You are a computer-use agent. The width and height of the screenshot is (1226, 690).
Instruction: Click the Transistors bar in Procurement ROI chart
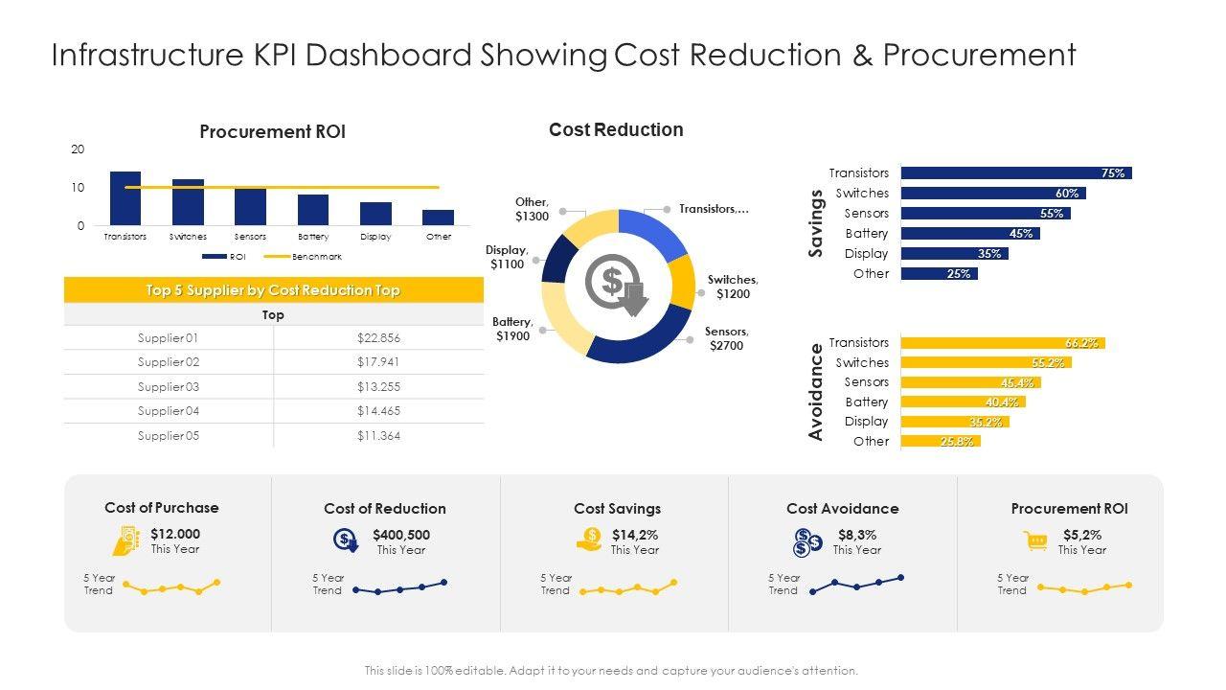tap(125, 198)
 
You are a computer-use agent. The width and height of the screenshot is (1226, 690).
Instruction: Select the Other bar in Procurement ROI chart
tap(439, 218)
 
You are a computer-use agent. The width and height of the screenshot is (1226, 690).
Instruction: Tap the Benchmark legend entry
tap(304, 257)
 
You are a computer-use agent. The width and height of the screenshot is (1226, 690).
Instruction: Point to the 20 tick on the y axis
tap(78, 149)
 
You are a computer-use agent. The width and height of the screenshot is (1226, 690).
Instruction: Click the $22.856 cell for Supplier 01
tap(378, 338)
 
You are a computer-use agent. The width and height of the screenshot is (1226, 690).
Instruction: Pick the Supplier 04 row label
tap(168, 411)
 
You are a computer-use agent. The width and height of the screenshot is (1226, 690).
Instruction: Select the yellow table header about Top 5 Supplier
tap(274, 290)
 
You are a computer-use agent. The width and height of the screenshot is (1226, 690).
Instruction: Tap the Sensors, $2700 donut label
tap(726, 338)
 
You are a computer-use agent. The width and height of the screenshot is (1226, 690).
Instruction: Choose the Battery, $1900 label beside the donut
tap(512, 329)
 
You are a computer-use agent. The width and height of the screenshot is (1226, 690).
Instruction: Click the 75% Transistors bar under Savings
tap(1016, 173)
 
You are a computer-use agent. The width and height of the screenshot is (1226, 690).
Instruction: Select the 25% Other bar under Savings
tap(939, 274)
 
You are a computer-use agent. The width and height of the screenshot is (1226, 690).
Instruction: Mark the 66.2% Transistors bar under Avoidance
tap(1003, 343)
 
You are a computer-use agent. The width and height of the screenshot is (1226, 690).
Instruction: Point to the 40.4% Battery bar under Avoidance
tap(963, 402)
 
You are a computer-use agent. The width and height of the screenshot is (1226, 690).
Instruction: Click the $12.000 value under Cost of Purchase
tap(175, 534)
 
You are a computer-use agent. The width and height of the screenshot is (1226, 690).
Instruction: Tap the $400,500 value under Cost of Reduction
tap(401, 535)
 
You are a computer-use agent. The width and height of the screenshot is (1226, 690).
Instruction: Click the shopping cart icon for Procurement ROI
tap(1035, 541)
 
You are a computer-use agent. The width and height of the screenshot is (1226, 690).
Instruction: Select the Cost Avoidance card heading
tap(843, 509)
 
